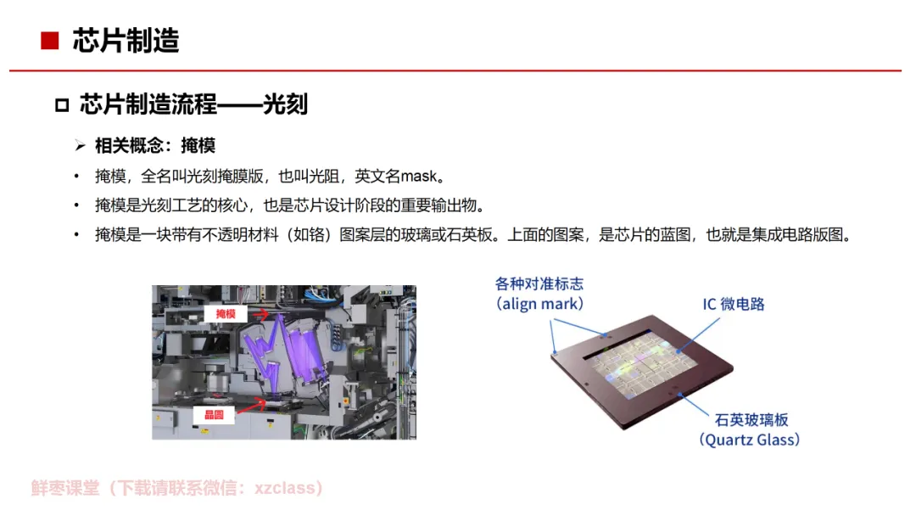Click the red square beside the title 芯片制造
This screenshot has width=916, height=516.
click(50, 41)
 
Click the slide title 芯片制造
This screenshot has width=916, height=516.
click(126, 41)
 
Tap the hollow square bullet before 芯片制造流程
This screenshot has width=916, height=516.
click(62, 105)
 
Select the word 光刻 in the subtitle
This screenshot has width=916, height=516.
click(285, 104)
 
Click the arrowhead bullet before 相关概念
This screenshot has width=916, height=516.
click(80, 145)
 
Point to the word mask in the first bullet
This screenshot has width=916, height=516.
click(418, 176)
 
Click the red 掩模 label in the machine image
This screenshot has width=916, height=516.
click(226, 314)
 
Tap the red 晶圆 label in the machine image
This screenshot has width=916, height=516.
click(214, 415)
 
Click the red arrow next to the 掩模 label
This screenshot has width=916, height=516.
click(260, 314)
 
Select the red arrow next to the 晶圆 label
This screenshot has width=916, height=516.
click(251, 405)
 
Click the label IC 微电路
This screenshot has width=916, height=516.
click(733, 304)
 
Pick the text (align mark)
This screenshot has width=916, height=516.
click(539, 304)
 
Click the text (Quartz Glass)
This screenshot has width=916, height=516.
click(750, 440)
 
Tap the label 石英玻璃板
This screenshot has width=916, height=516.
click(751, 419)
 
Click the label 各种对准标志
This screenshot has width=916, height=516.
click(539, 284)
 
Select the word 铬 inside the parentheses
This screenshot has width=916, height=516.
click(316, 235)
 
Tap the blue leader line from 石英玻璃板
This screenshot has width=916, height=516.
click(694, 405)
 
